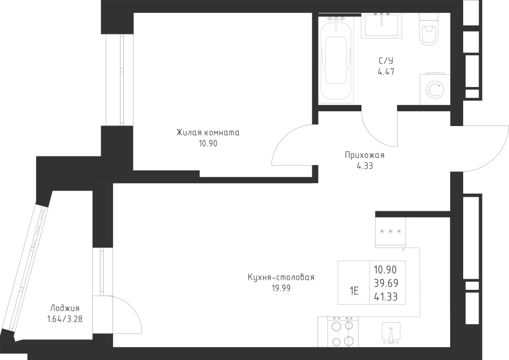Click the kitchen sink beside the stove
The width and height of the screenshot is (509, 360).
point(391,332)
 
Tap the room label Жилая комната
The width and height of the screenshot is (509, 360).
point(208,133)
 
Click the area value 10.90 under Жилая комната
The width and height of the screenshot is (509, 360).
point(208,144)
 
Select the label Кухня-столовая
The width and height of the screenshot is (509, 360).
point(281,277)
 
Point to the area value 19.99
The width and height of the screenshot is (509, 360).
point(281,288)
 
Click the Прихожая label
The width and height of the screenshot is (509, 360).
point(365,155)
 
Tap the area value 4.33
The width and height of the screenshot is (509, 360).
point(365,166)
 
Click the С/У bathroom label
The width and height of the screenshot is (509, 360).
point(386,61)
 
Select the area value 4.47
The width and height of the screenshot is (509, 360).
point(386,72)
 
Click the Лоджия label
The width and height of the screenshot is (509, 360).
point(65,309)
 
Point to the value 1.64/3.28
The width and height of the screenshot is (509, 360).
point(65,319)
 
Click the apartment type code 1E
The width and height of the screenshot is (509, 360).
point(354,291)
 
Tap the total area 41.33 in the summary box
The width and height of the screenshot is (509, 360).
point(386,297)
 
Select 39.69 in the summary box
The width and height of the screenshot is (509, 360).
point(386,283)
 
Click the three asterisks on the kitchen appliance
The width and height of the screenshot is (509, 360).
point(390,231)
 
